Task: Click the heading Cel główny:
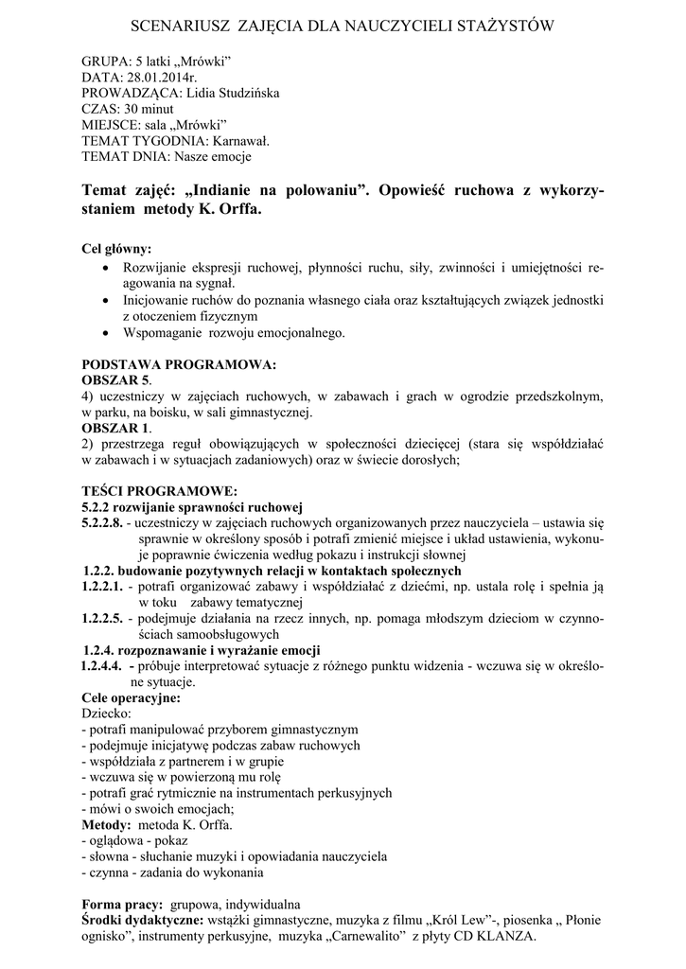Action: pos(116,250)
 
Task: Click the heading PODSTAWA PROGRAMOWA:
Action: pos(179,363)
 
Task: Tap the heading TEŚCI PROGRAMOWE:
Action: pos(159,491)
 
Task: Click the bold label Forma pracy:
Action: pos(122,905)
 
